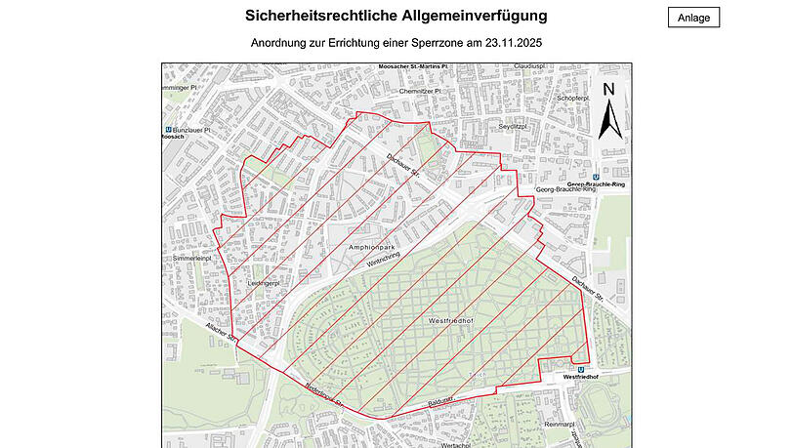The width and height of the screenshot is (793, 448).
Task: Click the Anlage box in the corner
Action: pyautogui.click(x=693, y=18)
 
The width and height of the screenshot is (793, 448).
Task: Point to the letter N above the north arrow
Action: pyautogui.click(x=607, y=89)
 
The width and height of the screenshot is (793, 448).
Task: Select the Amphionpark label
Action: pyautogui.click(x=372, y=248)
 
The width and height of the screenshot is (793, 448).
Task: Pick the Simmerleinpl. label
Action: pyautogui.click(x=191, y=259)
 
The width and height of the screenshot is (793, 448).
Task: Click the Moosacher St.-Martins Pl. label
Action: pyautogui.click(x=412, y=67)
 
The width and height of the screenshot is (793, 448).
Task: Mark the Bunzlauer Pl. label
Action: pyautogui.click(x=192, y=129)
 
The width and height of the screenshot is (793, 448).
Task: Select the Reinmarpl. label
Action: pyautogui.click(x=563, y=425)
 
